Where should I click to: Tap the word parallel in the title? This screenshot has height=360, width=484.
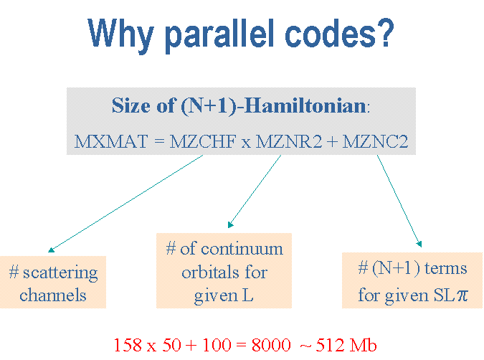(220, 35)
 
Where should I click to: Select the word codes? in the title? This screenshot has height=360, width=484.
(340, 33)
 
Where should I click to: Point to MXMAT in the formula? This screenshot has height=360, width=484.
(111, 141)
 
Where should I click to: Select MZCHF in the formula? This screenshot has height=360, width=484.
(203, 141)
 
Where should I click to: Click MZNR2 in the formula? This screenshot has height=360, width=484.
(289, 141)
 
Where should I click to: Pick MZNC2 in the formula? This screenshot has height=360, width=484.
(375, 141)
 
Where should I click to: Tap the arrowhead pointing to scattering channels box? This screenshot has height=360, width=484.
(51, 250)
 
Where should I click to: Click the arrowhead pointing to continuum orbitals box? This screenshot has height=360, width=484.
(230, 224)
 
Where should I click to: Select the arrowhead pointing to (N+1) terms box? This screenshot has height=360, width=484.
(419, 244)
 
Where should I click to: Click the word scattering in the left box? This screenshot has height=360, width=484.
(60, 273)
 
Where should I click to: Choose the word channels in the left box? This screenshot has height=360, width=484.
(53, 295)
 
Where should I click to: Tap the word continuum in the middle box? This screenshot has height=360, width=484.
(242, 249)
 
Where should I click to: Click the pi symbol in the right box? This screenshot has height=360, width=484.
(462, 295)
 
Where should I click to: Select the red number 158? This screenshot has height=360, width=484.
(128, 345)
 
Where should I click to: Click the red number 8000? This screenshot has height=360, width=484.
(271, 345)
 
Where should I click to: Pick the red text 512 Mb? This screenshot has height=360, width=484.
(346, 345)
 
